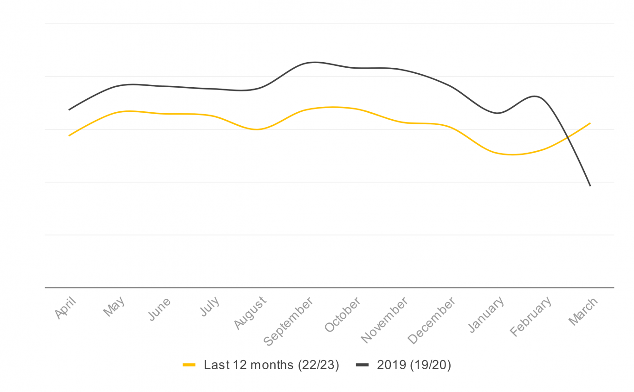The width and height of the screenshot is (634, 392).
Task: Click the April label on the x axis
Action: click(x=65, y=308)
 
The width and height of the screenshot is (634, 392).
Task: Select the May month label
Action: click(x=114, y=307)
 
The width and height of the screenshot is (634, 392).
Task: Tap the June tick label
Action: click(x=160, y=309)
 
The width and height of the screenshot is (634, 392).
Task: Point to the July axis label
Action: click(x=210, y=307)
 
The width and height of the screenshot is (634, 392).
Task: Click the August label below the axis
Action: click(x=251, y=313)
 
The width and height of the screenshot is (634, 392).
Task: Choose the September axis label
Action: click(x=289, y=321)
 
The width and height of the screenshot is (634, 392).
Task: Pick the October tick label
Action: click(x=343, y=315)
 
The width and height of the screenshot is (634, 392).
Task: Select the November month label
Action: click(x=385, y=320)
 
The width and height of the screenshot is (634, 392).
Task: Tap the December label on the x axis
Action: click(x=432, y=321)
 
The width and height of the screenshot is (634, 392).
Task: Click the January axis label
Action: click(x=486, y=315)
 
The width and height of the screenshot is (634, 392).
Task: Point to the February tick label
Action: click(x=531, y=316)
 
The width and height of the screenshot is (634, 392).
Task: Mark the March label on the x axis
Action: click(x=583, y=312)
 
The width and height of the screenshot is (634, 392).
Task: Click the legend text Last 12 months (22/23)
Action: click(x=272, y=365)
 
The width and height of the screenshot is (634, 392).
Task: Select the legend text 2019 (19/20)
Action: click(x=414, y=365)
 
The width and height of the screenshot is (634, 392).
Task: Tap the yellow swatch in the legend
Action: click(x=189, y=365)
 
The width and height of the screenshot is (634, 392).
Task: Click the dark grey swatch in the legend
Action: click(x=362, y=365)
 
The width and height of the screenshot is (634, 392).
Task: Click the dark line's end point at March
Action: click(x=590, y=186)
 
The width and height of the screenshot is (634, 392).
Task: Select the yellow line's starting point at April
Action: click(x=69, y=135)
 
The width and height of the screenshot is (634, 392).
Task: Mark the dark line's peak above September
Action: click(x=316, y=62)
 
